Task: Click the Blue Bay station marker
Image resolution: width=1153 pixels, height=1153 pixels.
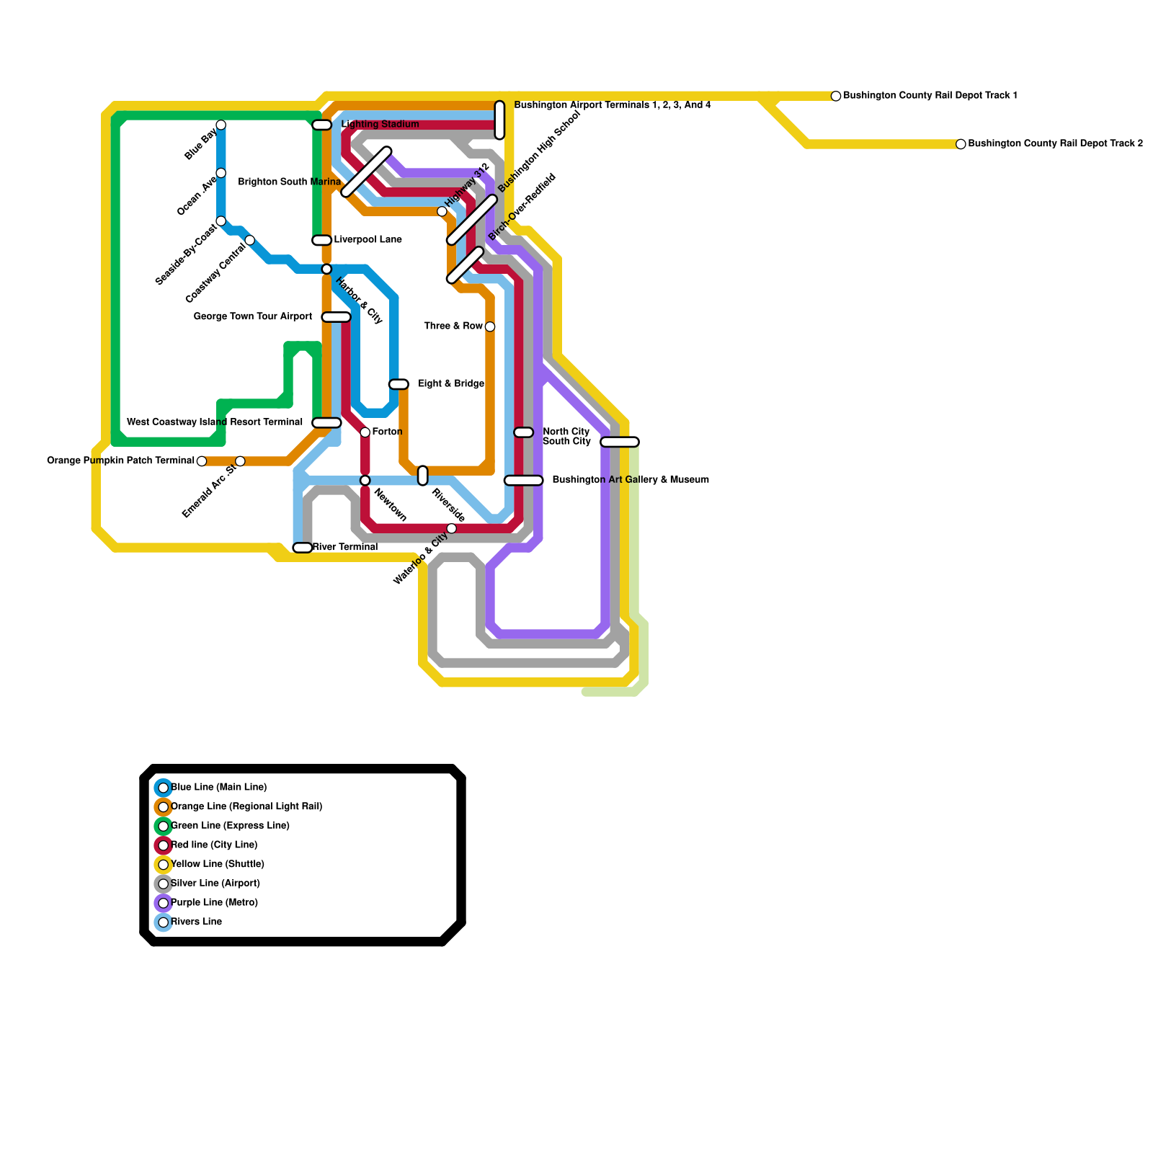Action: coord(221,125)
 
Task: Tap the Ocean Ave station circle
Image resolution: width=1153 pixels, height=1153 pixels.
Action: coord(221,173)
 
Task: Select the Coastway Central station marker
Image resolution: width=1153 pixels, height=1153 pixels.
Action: coord(249,240)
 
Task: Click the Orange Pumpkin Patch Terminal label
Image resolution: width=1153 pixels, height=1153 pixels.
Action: coord(120,460)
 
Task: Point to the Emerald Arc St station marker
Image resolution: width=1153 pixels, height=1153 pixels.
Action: coord(240,461)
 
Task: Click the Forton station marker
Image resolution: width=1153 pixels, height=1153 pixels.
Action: coord(365,432)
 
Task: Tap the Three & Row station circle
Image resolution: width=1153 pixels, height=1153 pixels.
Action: coord(490,327)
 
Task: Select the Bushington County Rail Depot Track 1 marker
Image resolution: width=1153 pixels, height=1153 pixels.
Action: coord(836,96)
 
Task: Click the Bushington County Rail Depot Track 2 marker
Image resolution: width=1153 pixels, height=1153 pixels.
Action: coord(961,144)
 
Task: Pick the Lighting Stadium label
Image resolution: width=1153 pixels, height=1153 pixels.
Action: coord(380,125)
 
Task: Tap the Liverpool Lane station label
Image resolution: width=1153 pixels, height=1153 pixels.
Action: coord(368,240)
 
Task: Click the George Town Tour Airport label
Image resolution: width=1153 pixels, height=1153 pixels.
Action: coord(253,317)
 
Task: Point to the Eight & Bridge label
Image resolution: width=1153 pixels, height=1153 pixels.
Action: coord(451,384)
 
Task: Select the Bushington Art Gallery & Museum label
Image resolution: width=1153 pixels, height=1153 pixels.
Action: coord(631,480)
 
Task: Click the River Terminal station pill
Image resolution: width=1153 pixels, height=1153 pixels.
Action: coord(303,548)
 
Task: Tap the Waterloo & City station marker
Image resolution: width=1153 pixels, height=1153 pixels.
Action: coord(452,529)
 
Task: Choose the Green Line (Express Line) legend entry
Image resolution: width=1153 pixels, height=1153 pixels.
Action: coord(230,826)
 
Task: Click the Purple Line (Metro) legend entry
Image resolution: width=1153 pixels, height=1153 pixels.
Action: coord(214,903)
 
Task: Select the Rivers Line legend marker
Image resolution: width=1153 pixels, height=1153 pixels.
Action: coord(164,922)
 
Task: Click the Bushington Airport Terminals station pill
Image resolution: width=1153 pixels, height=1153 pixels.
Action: coord(499,120)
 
